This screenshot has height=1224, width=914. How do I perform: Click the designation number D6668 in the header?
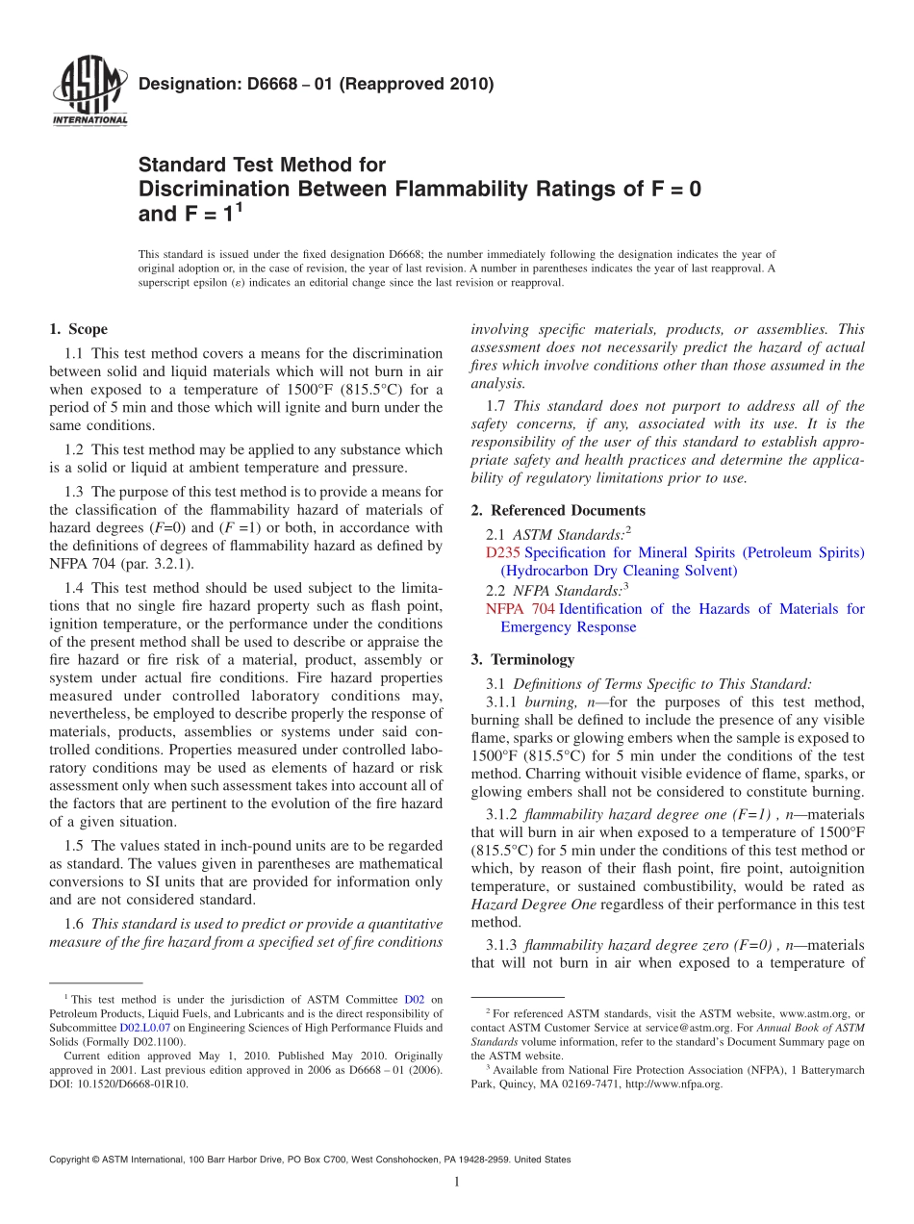pos(253,84)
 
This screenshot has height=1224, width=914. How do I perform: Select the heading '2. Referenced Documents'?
pos(558,510)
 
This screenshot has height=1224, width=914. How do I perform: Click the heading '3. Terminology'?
pos(522,659)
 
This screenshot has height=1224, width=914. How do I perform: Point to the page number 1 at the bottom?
pos(457,1183)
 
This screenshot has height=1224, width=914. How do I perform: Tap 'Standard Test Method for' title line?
pos(262,165)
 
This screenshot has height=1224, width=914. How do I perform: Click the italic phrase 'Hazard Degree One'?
pos(533,905)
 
